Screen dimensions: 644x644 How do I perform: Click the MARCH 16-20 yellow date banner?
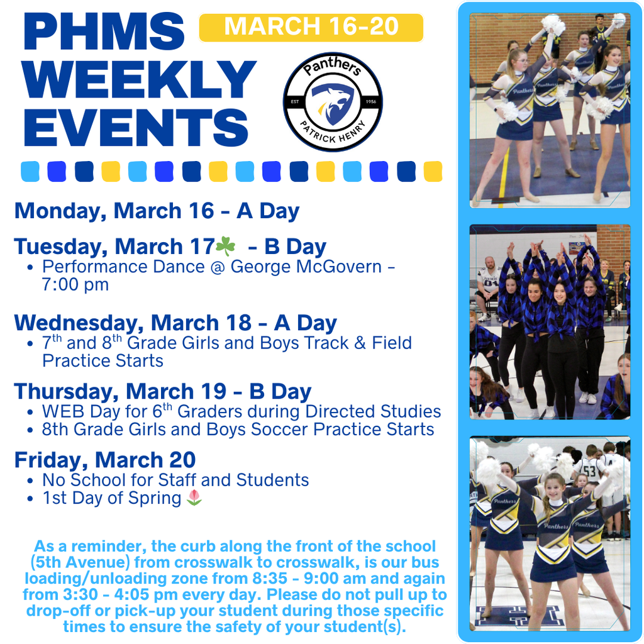[311, 27]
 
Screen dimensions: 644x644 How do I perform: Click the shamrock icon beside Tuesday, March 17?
[225, 245]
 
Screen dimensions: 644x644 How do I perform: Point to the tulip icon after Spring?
[195, 497]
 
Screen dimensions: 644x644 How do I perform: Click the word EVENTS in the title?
[136, 125]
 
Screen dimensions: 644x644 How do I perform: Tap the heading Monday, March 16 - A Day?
[157, 211]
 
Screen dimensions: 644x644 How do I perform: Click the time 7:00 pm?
[75, 284]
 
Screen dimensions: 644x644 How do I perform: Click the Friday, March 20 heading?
[104, 460]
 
